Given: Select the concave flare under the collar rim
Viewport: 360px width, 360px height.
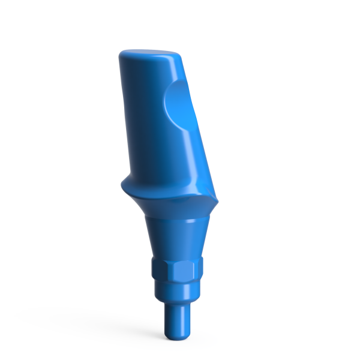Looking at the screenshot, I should (174, 206).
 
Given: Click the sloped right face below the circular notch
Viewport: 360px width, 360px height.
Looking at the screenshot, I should (195, 156).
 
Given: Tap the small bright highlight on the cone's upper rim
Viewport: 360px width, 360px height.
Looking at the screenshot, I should (189, 221).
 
